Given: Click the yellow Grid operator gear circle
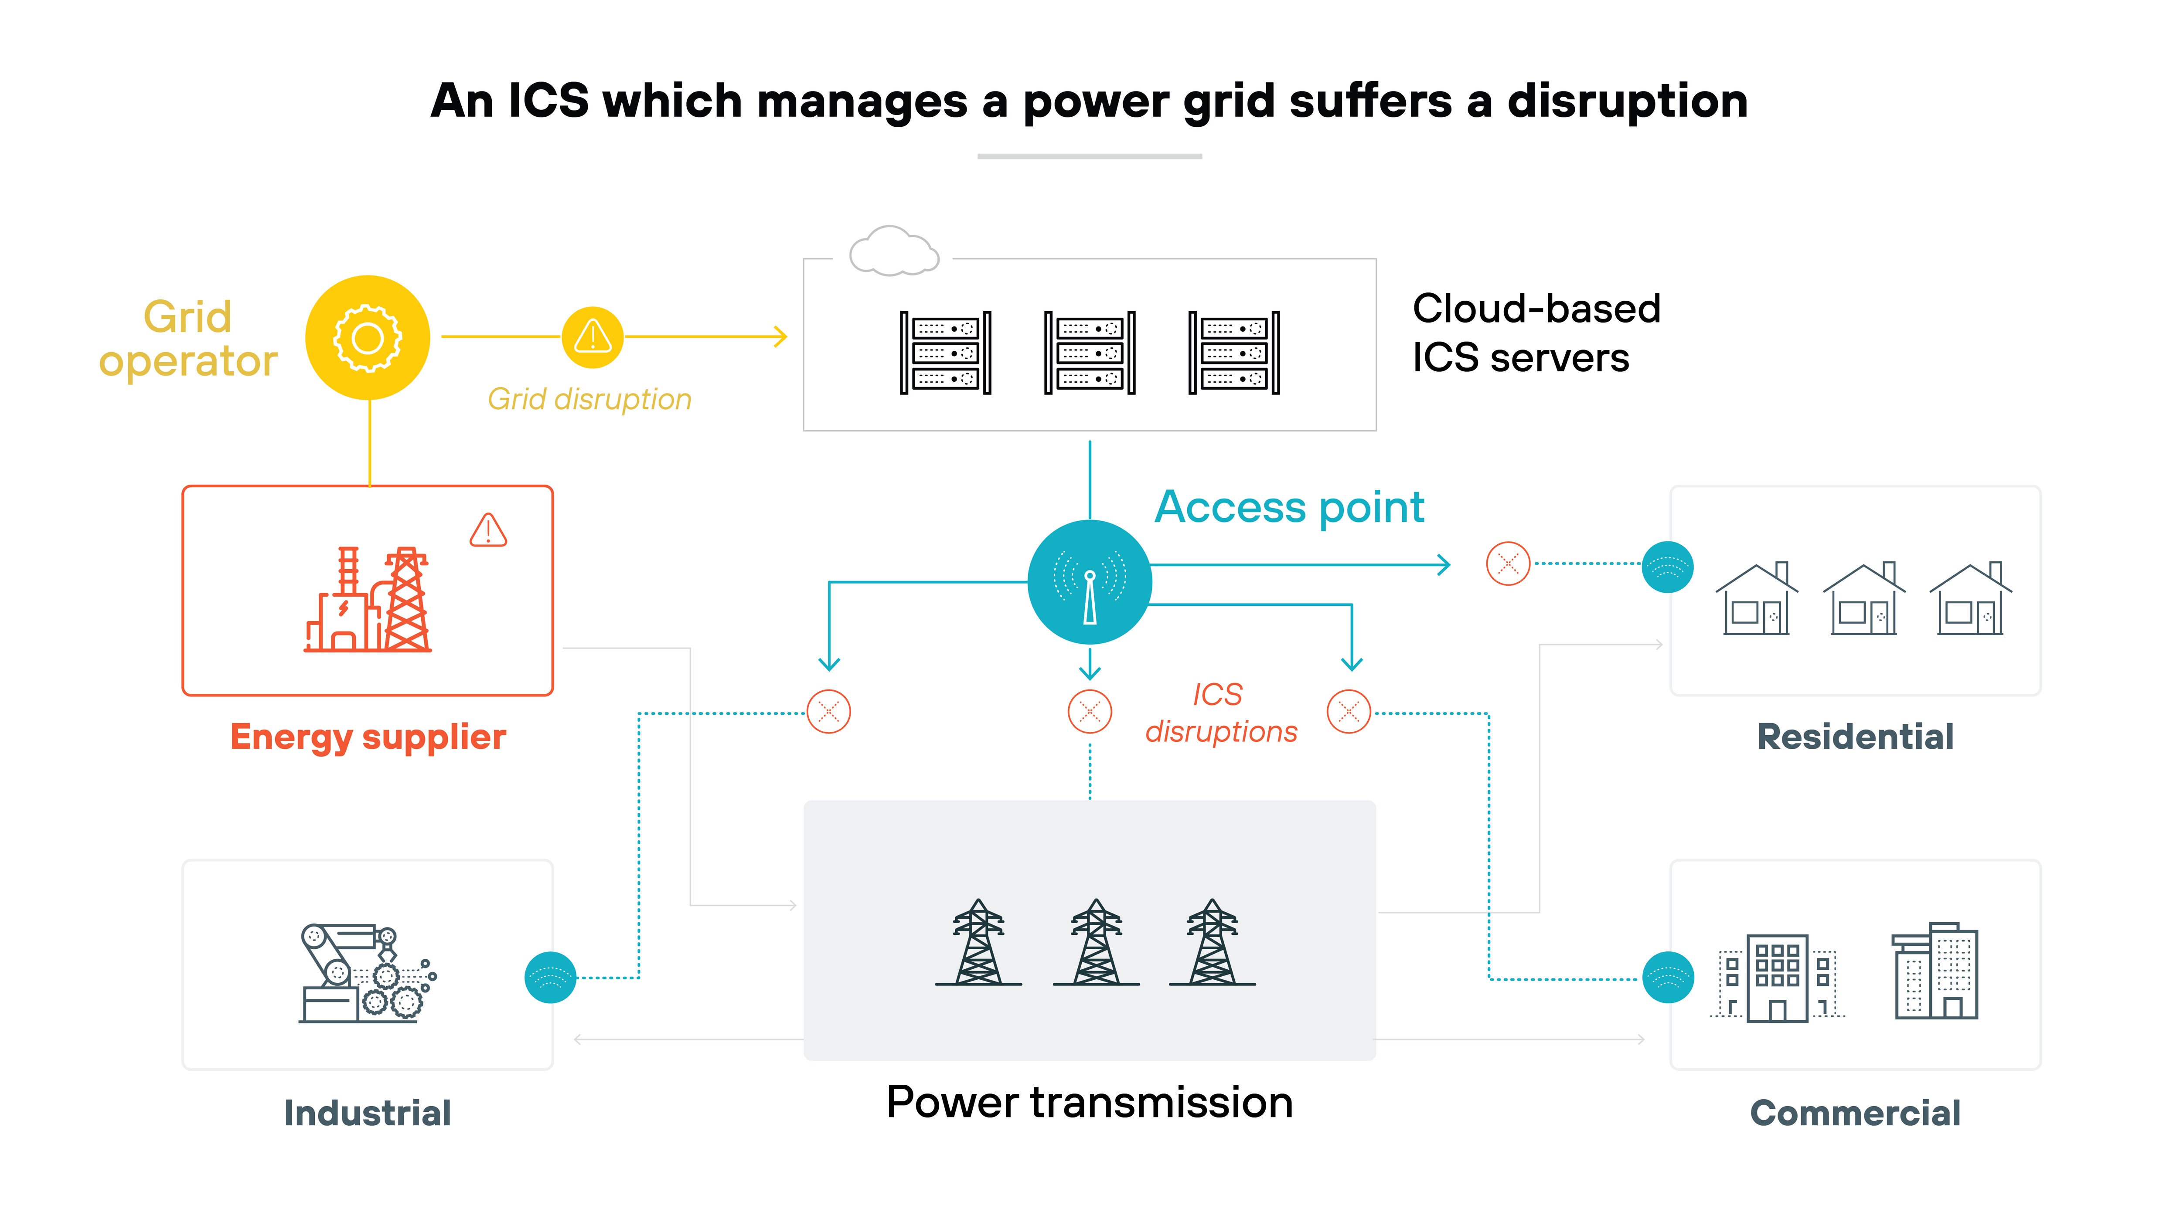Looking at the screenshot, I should click(x=367, y=338).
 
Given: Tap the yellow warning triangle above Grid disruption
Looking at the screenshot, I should click(x=593, y=337).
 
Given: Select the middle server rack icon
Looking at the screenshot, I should click(x=1089, y=352).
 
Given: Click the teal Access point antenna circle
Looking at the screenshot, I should click(x=1089, y=582).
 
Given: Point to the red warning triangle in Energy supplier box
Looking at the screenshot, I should click(x=488, y=530).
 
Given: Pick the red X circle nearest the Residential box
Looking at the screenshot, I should click(x=1508, y=564).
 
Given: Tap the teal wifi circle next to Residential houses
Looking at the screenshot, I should click(x=1667, y=567).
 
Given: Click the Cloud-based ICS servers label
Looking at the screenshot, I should click(x=1536, y=333).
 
